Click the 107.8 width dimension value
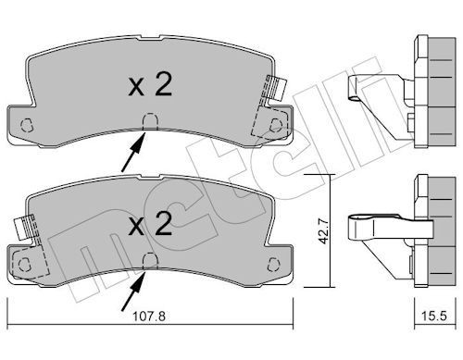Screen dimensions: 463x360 pos(149,317)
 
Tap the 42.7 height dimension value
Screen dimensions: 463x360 pos(323,231)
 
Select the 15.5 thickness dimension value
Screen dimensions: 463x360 pos(434,316)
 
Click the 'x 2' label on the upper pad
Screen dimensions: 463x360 pos(150,85)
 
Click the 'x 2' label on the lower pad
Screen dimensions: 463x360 pos(150,225)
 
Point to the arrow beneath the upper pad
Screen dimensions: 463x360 pos(133,151)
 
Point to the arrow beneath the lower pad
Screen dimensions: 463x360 pos(133,291)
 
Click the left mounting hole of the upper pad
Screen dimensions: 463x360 pos(26,125)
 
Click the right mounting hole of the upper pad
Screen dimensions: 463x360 pos(276,126)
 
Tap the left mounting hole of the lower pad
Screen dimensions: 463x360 pos(25,265)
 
